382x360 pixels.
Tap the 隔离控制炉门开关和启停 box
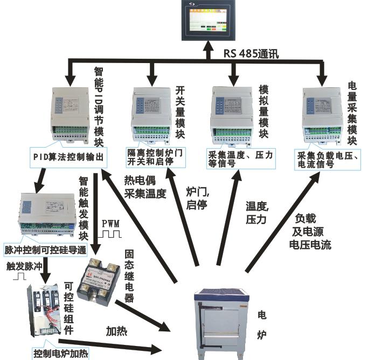coord(154,157)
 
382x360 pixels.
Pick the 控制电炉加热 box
coord(60,353)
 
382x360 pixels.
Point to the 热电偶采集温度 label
coord(145,186)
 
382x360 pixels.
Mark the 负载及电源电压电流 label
coord(310,231)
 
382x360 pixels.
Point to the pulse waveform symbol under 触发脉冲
coord(20,276)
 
